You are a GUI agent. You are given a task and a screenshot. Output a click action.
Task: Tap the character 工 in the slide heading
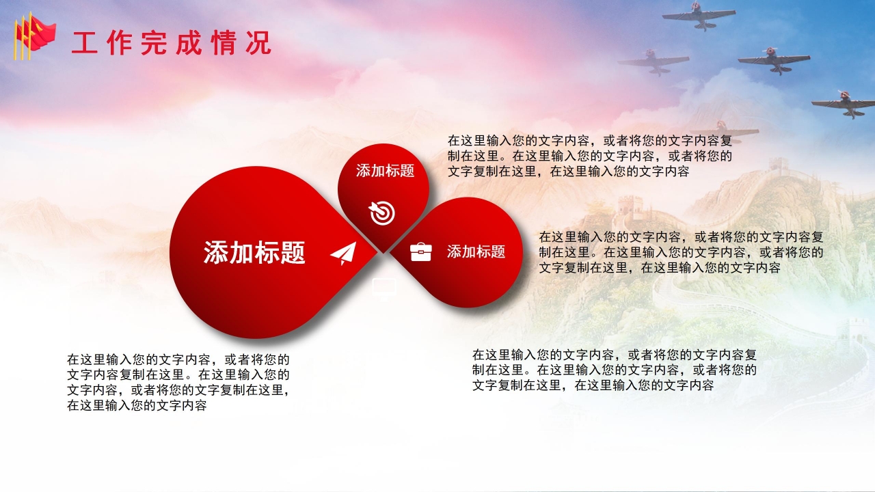(84, 43)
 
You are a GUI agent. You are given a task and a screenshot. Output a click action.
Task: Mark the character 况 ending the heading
(259, 43)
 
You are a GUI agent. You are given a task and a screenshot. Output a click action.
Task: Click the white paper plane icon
(343, 254)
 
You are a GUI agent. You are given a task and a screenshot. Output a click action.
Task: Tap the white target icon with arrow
(382, 213)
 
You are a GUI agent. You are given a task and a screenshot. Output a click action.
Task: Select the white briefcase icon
(420, 252)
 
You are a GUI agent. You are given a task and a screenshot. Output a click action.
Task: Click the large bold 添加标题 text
(254, 253)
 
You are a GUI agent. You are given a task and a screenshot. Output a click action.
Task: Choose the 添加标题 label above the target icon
(385, 171)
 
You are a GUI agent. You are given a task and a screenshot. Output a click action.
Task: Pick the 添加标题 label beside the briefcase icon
(476, 251)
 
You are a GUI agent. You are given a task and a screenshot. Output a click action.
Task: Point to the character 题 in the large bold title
(293, 253)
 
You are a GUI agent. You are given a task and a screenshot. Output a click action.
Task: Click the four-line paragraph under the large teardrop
(178, 382)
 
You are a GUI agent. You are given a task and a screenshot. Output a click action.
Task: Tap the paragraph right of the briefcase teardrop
(681, 252)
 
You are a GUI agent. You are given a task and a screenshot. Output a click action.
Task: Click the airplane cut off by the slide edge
(845, 103)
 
